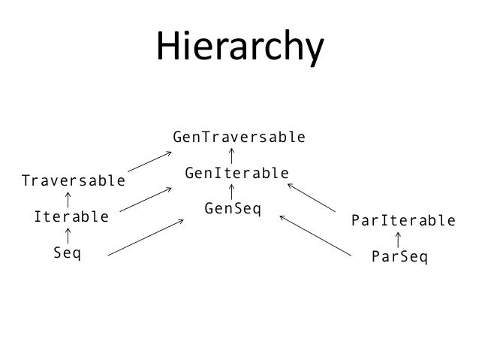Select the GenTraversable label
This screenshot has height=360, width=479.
tap(239, 138)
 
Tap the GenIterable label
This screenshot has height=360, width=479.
tap(236, 174)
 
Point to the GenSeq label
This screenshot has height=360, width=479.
tap(232, 207)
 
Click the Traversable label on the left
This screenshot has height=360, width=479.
tap(74, 181)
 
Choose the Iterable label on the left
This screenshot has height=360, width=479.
tap(71, 217)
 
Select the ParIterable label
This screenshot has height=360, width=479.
tap(403, 221)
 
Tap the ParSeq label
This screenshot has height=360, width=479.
tap(399, 257)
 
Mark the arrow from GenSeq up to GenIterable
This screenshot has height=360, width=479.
tap(231, 191)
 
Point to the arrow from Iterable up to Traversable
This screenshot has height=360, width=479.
tap(68, 199)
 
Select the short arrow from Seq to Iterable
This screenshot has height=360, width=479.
tap(68, 235)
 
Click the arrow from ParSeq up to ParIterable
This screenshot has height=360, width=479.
tap(397, 240)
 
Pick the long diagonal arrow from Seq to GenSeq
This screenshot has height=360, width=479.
tap(146, 237)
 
